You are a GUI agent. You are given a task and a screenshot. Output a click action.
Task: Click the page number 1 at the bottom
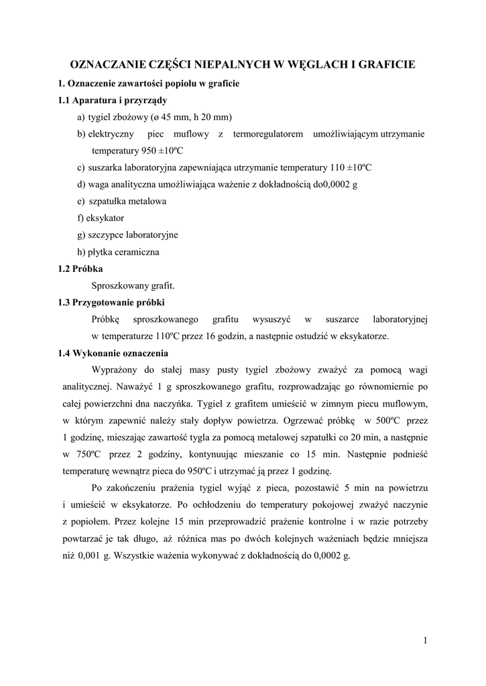[x=426, y=640]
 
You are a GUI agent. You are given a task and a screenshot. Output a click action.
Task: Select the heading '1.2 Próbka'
[x=80, y=269]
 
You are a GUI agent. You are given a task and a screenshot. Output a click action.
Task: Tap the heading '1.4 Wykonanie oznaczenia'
[x=113, y=353]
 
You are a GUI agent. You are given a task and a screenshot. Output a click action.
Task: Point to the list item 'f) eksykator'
[x=101, y=218]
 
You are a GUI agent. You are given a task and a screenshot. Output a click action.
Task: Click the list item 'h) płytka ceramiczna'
[x=118, y=252]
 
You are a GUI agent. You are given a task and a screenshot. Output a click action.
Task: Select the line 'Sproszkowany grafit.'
[x=133, y=285]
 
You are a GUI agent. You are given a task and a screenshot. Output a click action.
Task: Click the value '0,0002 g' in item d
[x=341, y=184]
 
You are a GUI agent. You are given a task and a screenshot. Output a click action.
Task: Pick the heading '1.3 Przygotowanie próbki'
[x=111, y=302]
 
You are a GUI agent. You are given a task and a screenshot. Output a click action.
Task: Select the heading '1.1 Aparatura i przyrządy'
[x=112, y=100]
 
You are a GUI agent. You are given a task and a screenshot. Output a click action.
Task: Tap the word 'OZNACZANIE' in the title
[x=109, y=64]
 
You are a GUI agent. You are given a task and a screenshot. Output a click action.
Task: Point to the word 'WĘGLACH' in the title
[x=310, y=64]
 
